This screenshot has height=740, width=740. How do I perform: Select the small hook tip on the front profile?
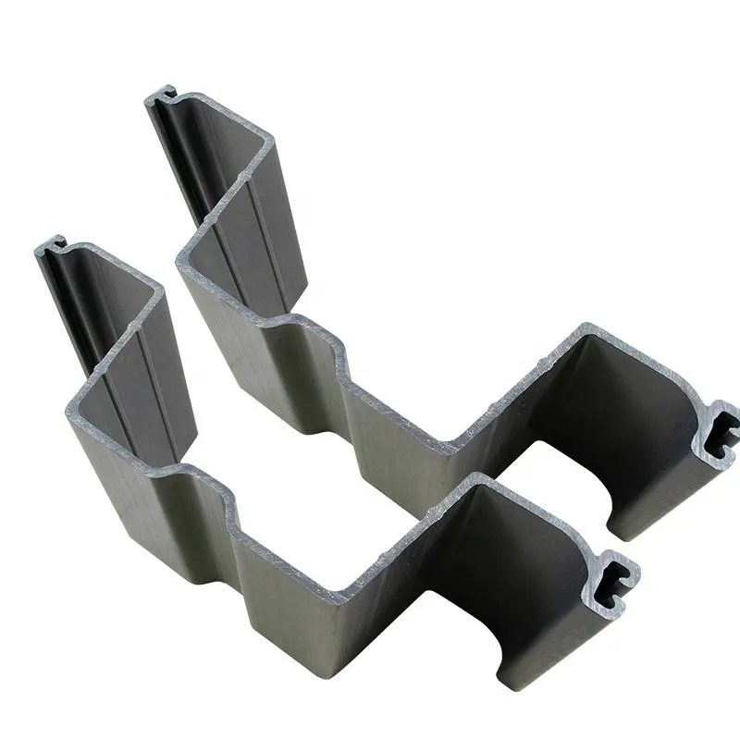tap(53, 243)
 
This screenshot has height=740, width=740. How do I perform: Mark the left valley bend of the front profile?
tap(71, 407)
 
